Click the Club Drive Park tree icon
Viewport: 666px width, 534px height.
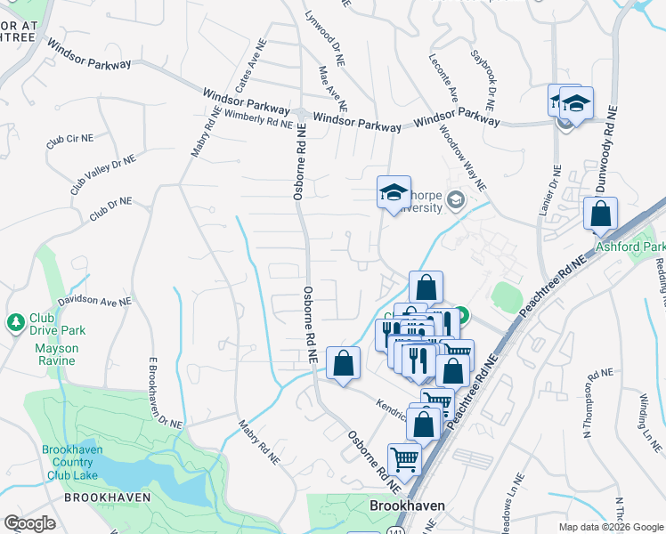(15, 320)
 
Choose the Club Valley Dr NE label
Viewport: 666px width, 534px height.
(103, 174)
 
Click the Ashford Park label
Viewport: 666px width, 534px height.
(630, 246)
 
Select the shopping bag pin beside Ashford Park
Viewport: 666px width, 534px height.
(601, 214)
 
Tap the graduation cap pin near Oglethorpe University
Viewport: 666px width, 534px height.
(394, 192)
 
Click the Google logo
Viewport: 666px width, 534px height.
(29, 523)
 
